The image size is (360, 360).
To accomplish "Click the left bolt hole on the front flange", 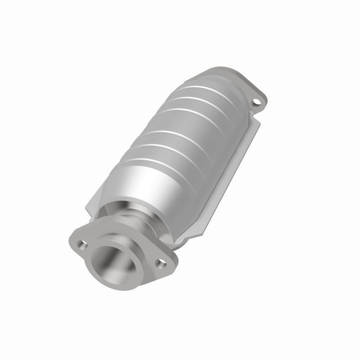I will [83, 246].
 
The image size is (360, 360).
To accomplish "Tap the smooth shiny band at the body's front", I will [148, 184].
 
